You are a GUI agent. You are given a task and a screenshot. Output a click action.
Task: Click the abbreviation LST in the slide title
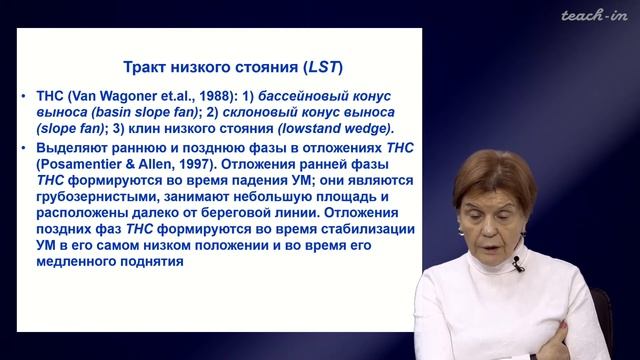click(x=323, y=67)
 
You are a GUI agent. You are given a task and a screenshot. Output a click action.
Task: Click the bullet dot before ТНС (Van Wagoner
click(x=24, y=97)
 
